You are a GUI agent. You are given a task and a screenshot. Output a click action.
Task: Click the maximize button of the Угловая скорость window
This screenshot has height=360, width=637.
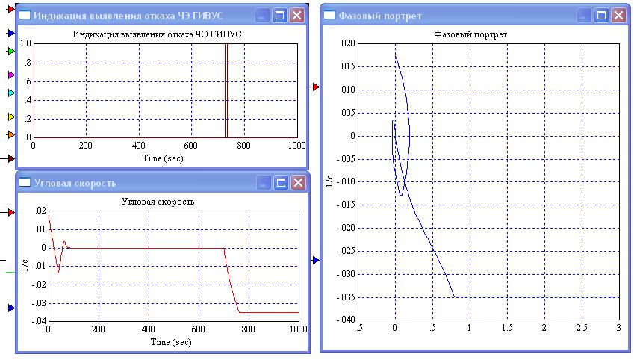(x=280, y=182)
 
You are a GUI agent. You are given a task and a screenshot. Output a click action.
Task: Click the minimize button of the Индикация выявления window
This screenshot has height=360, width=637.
(x=263, y=16)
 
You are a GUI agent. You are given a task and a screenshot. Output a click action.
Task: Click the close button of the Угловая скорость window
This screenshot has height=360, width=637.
(x=297, y=182)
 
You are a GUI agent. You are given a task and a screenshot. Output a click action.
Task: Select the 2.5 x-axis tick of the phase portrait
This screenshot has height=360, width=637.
(x=581, y=327)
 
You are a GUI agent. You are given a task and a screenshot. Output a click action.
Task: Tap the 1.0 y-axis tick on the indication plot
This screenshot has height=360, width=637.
(x=25, y=43)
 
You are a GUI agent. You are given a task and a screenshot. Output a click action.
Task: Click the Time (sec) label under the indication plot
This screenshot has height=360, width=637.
(x=163, y=158)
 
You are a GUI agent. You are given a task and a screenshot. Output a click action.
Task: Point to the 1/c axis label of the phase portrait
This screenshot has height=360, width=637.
(x=328, y=181)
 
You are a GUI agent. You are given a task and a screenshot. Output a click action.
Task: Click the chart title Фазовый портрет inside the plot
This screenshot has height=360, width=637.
(x=470, y=34)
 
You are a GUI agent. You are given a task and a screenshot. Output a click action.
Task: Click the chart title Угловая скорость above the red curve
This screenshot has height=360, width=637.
(x=158, y=202)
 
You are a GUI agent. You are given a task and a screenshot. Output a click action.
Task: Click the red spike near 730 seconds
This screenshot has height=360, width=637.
(x=226, y=90)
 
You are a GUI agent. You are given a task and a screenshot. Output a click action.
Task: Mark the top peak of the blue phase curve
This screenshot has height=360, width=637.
(x=395, y=55)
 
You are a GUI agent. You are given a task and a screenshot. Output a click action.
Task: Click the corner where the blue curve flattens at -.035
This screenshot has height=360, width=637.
(x=454, y=297)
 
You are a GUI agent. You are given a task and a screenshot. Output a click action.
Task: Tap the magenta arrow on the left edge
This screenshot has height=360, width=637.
(x=10, y=75)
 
